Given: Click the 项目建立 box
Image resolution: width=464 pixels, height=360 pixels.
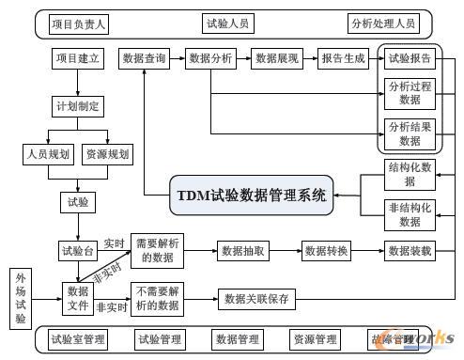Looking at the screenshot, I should coord(78,58).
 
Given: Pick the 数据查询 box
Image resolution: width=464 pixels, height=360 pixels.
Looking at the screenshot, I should coord(145,58).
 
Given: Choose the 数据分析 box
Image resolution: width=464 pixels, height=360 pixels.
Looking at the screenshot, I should coord(210,58).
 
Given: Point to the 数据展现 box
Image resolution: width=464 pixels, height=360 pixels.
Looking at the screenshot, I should coord(277,58).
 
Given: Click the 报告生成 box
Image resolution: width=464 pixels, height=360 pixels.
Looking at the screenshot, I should coord(343,58).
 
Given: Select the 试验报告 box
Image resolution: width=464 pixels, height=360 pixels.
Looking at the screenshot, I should coord(410,58).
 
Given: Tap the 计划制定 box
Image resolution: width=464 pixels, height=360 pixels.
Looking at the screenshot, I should coord(78,105).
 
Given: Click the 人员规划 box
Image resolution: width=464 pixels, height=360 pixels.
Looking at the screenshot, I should coord(46,153).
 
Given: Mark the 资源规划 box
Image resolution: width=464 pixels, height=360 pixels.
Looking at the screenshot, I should coord(109,153).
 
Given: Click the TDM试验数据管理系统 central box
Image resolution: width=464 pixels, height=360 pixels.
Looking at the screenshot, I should coord(251,196).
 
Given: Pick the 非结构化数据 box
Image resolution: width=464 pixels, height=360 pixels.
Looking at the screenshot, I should coord(410,214).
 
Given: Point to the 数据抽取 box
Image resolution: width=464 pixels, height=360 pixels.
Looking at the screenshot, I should coord(244,251).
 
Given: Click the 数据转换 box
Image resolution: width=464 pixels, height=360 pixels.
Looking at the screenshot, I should coord(326,251).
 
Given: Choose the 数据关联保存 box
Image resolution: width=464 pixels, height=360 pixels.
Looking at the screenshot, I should coord(257,300).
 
